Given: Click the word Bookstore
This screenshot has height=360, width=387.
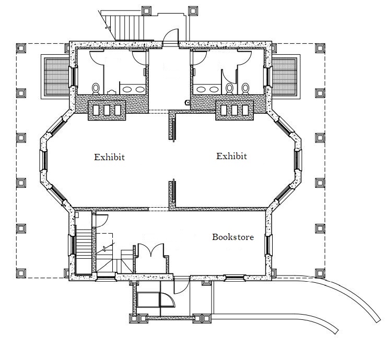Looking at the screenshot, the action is (x=233, y=237).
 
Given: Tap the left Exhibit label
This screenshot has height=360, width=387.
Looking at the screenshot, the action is (x=109, y=157).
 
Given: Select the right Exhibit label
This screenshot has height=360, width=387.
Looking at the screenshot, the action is (x=231, y=156).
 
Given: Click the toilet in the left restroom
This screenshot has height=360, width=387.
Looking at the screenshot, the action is (x=96, y=89).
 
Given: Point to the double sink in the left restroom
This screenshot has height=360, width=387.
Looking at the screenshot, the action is (x=134, y=89).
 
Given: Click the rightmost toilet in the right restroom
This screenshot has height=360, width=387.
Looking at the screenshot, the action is (x=245, y=89).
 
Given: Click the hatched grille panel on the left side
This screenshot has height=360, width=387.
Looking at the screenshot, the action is (x=56, y=77).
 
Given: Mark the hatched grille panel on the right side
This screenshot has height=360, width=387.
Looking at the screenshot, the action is (x=285, y=77).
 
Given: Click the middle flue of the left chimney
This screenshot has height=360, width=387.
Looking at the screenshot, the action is (x=107, y=110).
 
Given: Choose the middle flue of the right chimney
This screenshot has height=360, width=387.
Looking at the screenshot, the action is (x=234, y=110).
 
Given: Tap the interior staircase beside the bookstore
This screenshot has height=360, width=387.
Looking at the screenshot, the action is (x=84, y=251).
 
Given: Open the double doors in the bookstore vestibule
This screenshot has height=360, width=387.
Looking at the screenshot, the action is (x=151, y=250).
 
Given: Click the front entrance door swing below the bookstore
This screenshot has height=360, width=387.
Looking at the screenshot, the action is (x=182, y=285).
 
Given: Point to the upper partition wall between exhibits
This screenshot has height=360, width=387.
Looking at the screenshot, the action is (x=172, y=125).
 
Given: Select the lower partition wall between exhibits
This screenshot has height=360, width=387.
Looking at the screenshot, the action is (x=172, y=195).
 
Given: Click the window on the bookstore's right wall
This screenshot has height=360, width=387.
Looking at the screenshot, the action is (x=268, y=245).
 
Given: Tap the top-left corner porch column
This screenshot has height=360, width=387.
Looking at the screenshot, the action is (x=21, y=48).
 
